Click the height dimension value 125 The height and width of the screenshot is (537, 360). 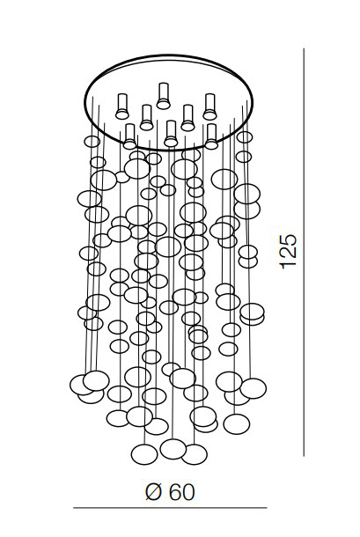(287, 252)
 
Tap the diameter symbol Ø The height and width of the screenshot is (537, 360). (153, 492)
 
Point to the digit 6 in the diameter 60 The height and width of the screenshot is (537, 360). (174, 492)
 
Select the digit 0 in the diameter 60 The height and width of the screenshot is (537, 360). (188, 492)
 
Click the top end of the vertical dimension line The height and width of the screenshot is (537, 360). (304, 48)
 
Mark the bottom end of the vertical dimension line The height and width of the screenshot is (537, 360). (304, 456)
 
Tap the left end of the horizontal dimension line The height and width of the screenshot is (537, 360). (74, 508)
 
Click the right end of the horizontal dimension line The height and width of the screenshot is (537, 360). (267, 508)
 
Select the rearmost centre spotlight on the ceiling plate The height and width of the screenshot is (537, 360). (164, 96)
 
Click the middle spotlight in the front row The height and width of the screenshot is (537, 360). (171, 134)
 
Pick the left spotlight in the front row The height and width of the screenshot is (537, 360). (129, 136)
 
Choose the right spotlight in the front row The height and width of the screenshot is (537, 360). (211, 136)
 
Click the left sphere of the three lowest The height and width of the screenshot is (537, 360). (144, 454)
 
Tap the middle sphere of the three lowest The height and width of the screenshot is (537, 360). (173, 449)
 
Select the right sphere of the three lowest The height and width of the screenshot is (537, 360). (195, 454)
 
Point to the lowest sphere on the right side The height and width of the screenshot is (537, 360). (237, 424)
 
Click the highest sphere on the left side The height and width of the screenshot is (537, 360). (92, 142)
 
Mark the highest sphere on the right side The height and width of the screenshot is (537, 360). (245, 137)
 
